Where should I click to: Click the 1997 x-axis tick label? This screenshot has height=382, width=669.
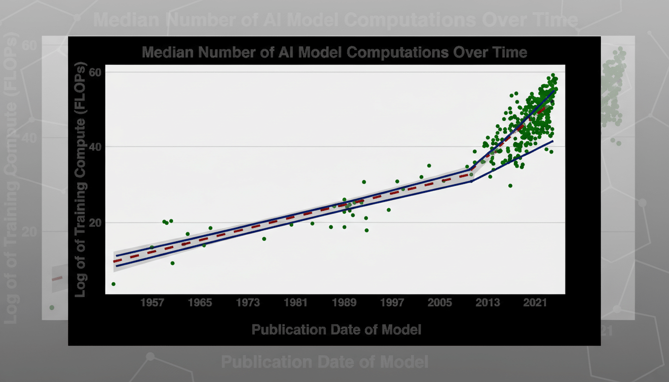[392, 303]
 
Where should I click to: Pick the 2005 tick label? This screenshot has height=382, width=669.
[440, 303]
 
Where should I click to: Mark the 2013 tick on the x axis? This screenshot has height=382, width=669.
[488, 303]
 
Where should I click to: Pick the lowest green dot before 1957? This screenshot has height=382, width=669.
[113, 284]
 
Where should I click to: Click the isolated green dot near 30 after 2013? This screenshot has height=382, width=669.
[510, 186]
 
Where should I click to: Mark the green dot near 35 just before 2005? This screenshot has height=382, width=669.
[429, 166]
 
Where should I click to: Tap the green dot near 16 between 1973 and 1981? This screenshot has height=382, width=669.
[264, 239]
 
